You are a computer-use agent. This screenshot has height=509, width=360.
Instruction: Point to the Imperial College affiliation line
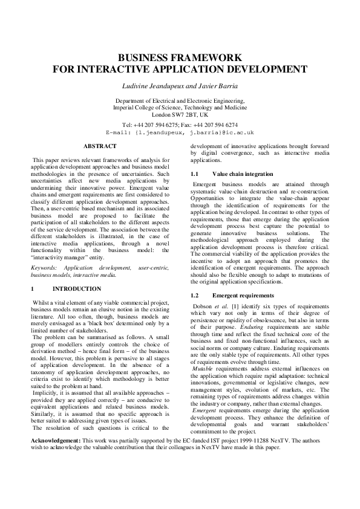pos(180,107)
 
